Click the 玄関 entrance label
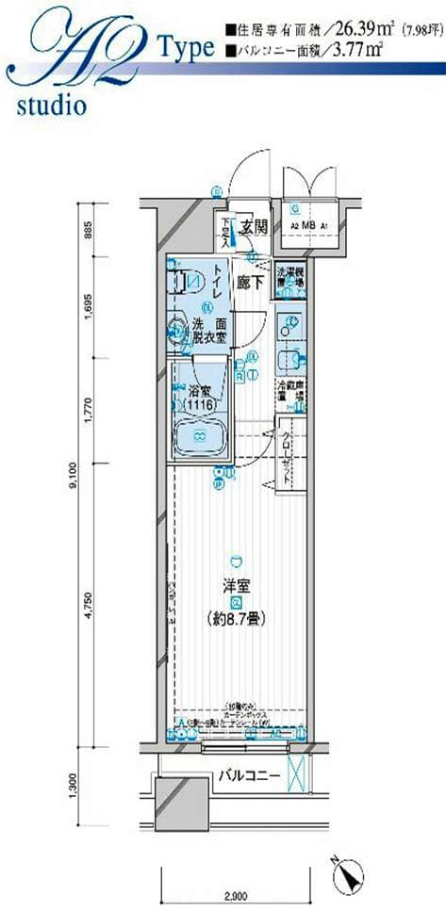point(253,226)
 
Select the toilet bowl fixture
point(187,281)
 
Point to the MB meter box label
point(308,227)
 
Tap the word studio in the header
point(51,104)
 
